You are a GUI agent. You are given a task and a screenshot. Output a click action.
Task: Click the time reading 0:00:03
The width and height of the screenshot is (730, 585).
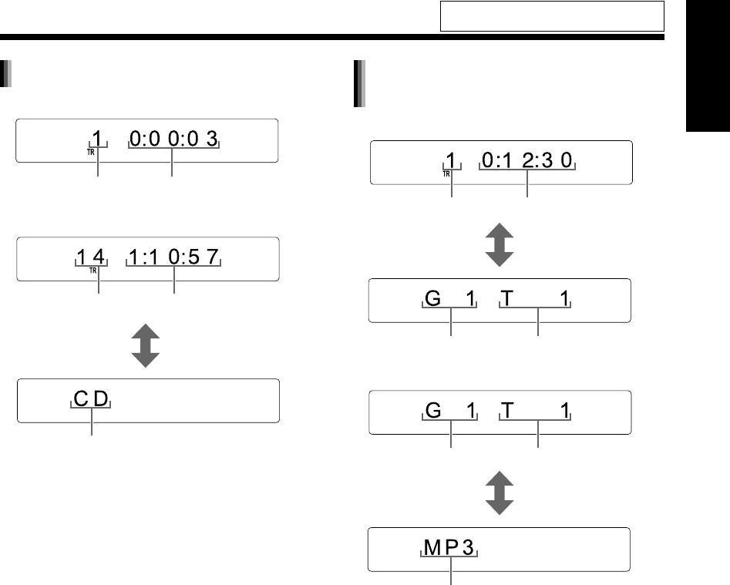174,140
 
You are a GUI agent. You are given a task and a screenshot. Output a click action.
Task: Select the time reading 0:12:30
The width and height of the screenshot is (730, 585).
528,161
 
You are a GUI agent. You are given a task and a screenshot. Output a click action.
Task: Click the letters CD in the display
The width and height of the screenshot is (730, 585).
92,399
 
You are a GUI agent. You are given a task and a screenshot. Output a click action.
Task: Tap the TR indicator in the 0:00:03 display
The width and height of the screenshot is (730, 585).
91,152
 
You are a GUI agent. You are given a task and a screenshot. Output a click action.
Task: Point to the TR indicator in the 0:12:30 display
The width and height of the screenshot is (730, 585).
446,173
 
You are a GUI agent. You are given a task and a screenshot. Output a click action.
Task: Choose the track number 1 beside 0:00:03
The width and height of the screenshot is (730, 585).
97,139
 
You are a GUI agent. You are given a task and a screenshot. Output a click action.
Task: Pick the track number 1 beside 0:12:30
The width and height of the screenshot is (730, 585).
451,160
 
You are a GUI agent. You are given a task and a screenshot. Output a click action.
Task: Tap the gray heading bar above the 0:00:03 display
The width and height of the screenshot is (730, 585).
6,74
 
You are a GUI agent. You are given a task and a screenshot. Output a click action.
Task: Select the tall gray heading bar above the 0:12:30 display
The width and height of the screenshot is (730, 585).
358,82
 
